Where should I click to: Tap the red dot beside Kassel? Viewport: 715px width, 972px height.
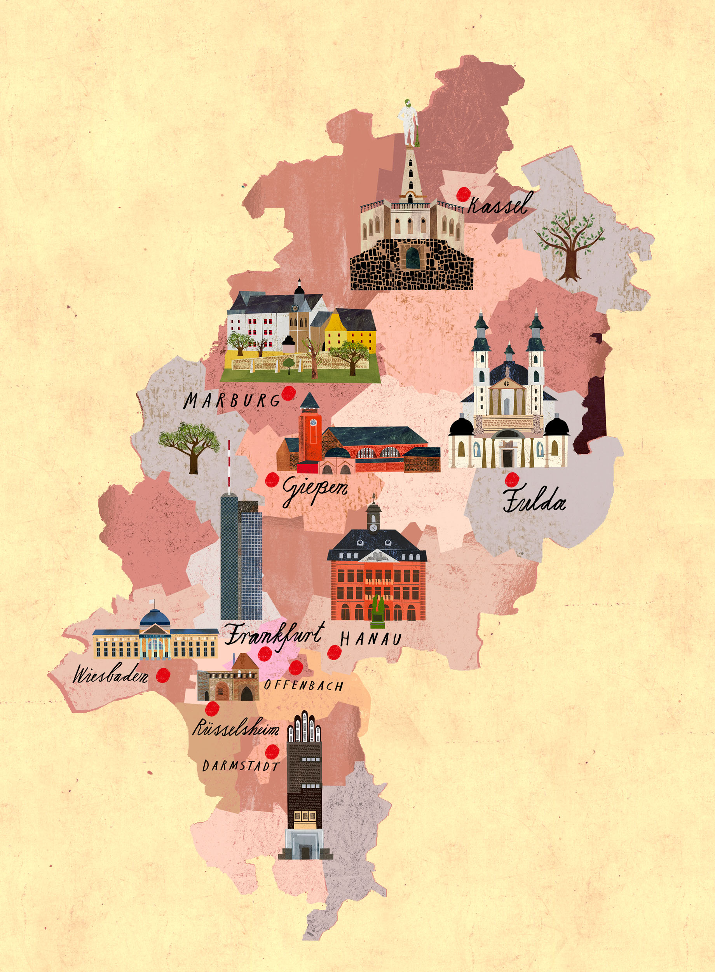point(464,194)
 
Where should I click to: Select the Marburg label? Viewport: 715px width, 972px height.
point(232,400)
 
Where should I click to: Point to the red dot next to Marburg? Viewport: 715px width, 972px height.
point(288,393)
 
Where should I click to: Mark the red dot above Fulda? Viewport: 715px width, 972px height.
point(513,479)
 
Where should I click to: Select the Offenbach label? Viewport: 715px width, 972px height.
point(303,685)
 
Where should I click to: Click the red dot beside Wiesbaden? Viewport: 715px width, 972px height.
point(163,675)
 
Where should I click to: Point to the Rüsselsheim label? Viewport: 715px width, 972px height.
point(235,729)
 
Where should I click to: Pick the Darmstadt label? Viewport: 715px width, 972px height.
point(241,766)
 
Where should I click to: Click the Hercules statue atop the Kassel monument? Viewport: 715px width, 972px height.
point(408,123)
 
